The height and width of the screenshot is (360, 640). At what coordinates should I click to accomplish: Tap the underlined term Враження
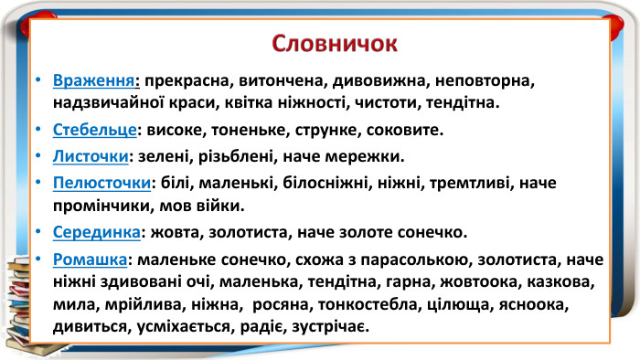click(95, 79)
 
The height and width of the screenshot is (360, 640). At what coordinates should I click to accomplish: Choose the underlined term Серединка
click(96, 229)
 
